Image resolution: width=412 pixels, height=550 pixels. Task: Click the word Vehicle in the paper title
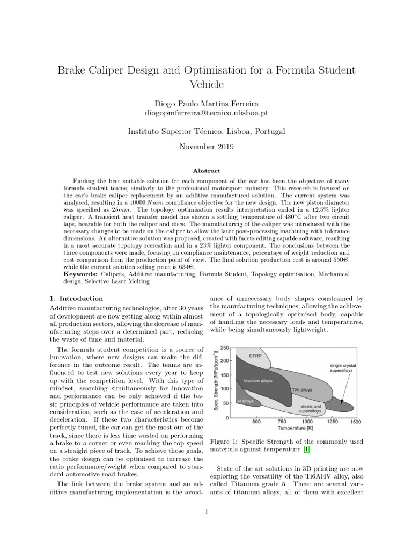tap(206, 84)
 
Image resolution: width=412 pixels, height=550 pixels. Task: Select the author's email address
tap(206, 113)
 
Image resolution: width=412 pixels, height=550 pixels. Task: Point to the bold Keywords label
tap(81, 274)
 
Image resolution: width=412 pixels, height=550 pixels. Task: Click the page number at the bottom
tap(206, 511)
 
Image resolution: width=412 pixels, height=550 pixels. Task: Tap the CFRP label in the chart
tap(255, 356)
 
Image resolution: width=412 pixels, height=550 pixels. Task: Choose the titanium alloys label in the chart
tap(258, 381)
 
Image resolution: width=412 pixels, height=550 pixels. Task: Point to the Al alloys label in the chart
tap(245, 401)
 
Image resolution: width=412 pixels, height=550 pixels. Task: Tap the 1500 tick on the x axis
tap(355, 422)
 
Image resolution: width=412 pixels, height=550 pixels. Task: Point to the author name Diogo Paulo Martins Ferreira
tap(206, 103)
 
